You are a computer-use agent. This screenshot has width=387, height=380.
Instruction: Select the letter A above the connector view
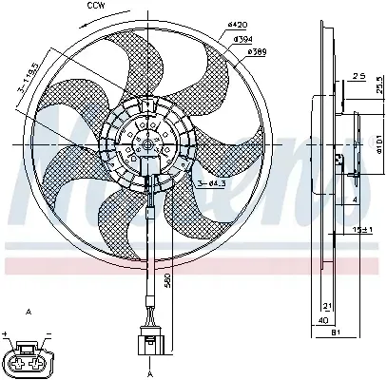[x=31, y=312]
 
